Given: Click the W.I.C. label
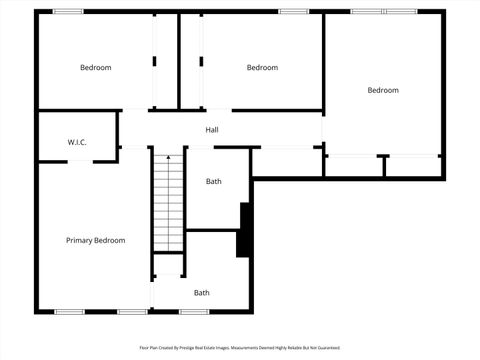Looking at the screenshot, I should coord(77,143).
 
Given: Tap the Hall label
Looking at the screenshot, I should coord(212,130).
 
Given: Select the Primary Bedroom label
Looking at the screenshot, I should coord(95,240).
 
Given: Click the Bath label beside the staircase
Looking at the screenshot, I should coord(213,181).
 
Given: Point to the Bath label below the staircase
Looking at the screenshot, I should coord(202,293).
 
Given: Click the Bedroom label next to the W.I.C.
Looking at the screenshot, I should coord(96,67).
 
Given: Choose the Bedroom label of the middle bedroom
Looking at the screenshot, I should coord(262,67).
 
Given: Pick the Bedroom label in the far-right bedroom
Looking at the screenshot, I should coord(382,90).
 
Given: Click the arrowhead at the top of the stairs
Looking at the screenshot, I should coord(168,158).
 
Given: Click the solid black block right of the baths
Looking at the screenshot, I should coord(243,230).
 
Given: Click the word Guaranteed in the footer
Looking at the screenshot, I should coord(327,348).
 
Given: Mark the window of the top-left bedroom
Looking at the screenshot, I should coord(68,12).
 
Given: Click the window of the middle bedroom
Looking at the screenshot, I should coord(293,12).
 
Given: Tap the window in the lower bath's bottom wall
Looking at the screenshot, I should coord(193,311).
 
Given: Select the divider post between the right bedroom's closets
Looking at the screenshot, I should coord(383,166).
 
